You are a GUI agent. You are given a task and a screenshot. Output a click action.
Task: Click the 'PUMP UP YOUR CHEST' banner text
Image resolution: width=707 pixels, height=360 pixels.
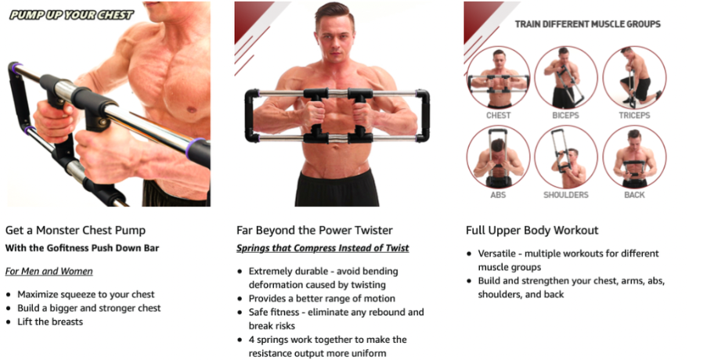71,14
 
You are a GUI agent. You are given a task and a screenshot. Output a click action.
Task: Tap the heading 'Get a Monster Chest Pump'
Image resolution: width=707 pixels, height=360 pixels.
75,230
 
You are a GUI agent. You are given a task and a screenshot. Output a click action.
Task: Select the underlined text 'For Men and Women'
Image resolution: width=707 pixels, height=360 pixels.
49,272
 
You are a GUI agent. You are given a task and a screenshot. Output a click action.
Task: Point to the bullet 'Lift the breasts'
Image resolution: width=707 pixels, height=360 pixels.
50,322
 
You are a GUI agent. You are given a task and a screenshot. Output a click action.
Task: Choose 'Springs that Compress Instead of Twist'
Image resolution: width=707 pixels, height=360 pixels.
323,249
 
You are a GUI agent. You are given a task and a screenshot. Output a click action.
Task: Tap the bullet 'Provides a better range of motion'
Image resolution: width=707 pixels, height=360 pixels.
322,298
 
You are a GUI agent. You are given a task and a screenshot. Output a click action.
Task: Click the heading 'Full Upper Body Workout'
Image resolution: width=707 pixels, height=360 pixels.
532,230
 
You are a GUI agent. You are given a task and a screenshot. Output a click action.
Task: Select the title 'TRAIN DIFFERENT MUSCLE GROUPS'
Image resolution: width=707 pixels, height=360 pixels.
587,24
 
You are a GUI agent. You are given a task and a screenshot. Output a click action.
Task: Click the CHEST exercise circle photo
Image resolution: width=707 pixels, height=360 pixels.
498,77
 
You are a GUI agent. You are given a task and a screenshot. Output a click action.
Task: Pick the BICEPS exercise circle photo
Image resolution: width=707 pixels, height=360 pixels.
566,77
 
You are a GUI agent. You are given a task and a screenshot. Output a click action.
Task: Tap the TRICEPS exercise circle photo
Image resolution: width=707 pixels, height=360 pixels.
634,77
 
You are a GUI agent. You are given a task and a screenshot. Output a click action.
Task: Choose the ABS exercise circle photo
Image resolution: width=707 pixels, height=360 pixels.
498,157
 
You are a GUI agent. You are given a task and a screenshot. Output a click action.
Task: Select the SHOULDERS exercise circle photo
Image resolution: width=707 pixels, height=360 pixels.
566,157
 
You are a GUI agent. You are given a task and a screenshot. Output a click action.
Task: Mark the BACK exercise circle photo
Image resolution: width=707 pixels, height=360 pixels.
634,157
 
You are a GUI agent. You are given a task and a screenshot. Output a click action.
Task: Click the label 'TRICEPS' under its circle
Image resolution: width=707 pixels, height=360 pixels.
634,115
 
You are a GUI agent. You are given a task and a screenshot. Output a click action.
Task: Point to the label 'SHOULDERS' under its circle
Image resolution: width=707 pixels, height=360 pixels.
566,195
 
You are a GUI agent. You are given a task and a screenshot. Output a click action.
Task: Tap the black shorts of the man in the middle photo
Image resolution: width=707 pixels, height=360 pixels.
337,189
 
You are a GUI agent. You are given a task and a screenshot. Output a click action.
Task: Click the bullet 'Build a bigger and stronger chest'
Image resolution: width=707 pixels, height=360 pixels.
88,308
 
